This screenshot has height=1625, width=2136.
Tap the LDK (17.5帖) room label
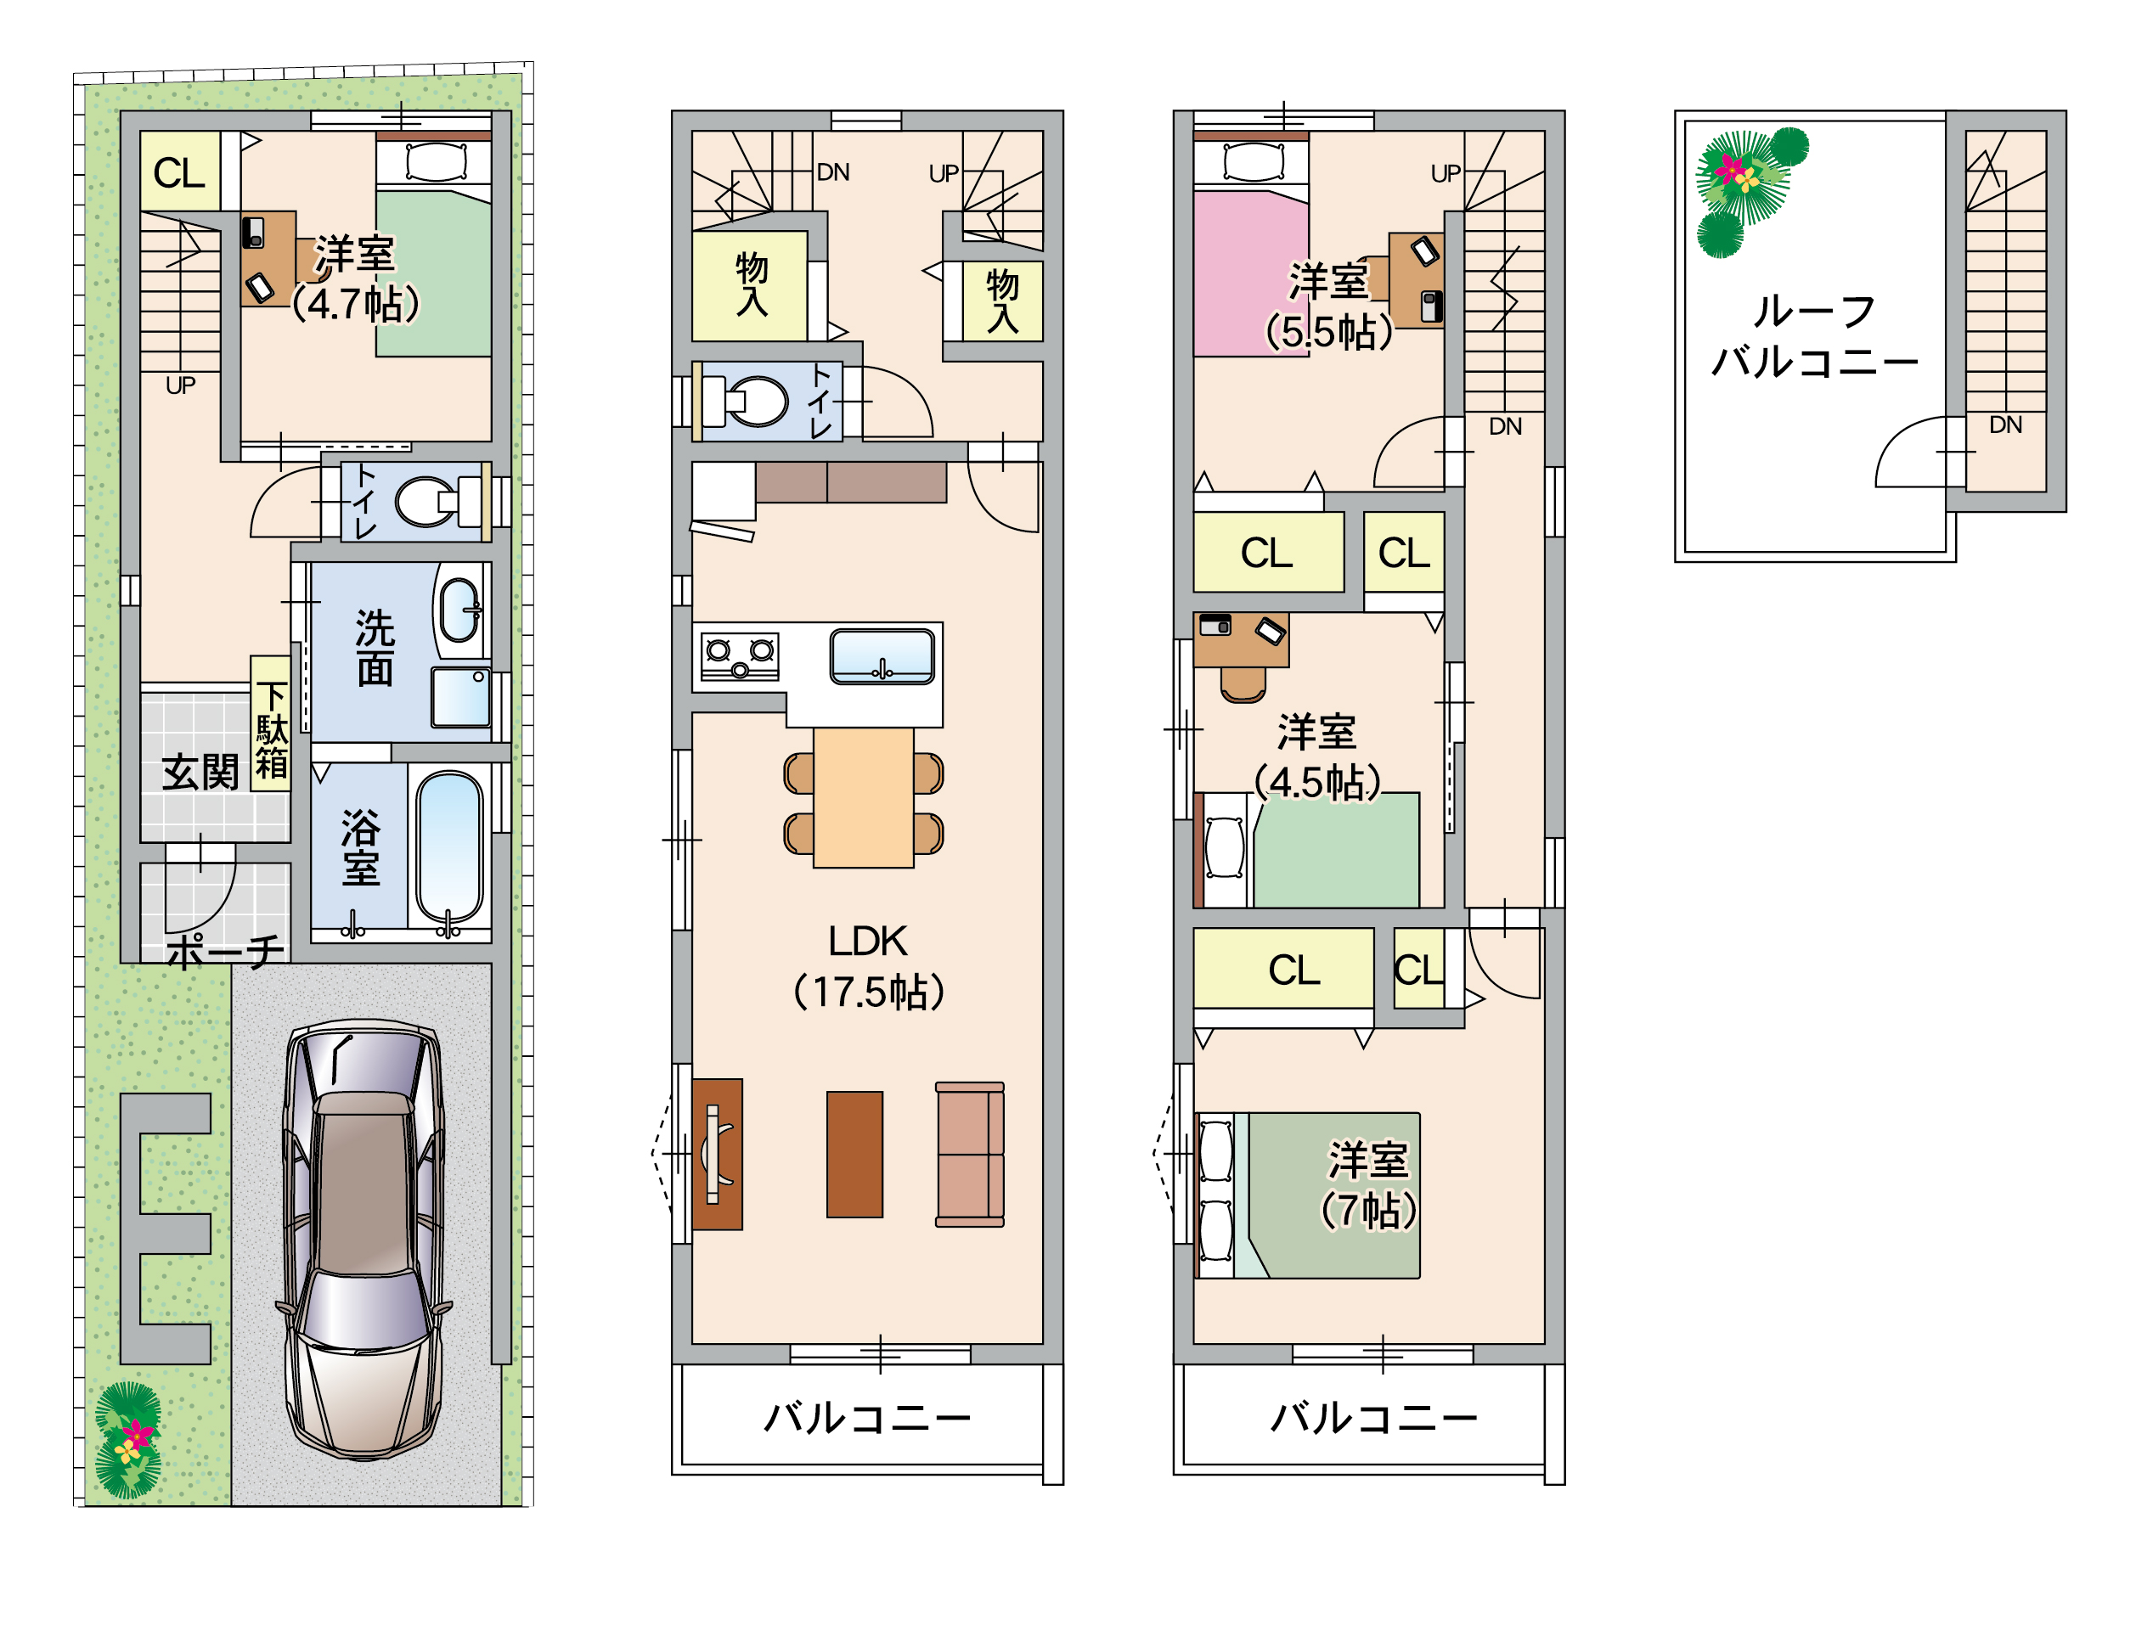coord(868,966)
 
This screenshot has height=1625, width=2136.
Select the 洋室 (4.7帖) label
coord(355,278)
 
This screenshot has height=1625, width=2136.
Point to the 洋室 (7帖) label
coord(1368,1185)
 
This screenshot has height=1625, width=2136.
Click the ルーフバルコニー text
coord(1815,336)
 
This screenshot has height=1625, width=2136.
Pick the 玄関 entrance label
coord(200,772)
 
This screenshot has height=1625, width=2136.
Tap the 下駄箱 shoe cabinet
coord(271,723)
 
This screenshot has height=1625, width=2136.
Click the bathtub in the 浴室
coord(449,848)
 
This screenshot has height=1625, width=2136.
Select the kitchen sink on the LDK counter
coord(882,657)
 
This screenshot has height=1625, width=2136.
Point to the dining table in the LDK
coord(864,798)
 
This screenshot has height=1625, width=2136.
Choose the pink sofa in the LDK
coord(969,1155)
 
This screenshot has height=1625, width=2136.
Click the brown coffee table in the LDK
coord(854,1155)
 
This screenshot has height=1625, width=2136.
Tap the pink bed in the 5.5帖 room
coord(1250,273)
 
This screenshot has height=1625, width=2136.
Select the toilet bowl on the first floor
coord(426,502)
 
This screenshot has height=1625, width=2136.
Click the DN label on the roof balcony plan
coord(2005,425)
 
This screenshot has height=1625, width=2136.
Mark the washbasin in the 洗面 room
coord(459,610)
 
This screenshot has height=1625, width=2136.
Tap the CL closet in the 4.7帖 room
coord(180,171)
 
